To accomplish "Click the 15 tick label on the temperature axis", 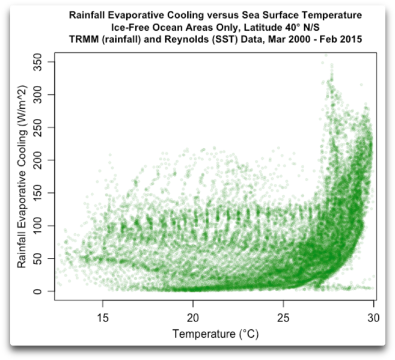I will [x=103, y=316].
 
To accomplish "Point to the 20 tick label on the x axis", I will [x=194, y=316].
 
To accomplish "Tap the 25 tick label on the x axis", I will [x=284, y=316].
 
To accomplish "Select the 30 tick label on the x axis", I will [x=373, y=316].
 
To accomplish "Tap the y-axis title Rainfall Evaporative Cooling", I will [x=22, y=174].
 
